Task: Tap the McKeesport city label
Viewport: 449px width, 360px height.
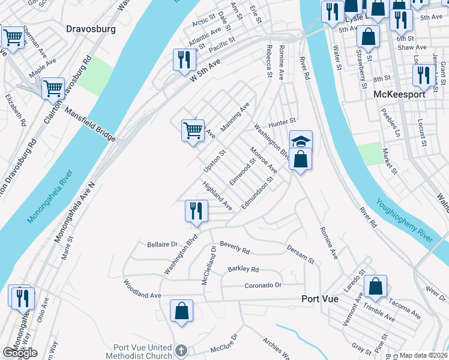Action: tap(399, 94)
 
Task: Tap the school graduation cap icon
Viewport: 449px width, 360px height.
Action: tap(301, 141)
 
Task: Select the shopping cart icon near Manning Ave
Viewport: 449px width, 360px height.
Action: tap(192, 129)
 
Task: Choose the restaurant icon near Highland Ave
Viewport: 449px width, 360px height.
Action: tap(196, 211)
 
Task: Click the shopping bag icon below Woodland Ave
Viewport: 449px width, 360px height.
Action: tap(181, 311)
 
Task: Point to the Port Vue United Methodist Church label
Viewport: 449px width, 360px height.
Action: tap(142, 353)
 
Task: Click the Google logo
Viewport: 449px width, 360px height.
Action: tap(20, 353)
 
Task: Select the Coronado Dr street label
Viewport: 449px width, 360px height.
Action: tap(264, 285)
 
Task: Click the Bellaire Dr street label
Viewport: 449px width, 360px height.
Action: tap(163, 244)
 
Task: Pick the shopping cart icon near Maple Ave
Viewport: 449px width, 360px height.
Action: tap(53, 89)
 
